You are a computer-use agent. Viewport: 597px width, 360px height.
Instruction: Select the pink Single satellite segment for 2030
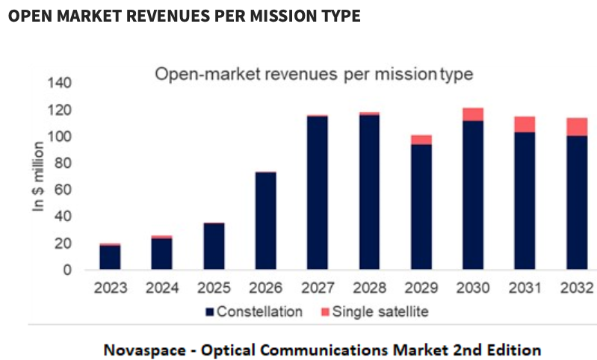tap(473, 114)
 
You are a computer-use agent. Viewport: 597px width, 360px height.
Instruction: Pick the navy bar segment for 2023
tap(110, 256)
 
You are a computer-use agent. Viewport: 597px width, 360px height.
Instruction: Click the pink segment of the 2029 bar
tap(421, 140)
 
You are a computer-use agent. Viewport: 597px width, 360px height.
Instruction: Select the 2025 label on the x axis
tap(214, 288)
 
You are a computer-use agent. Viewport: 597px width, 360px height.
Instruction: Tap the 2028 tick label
tap(369, 288)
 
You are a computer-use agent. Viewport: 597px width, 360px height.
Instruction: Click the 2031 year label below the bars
tap(525, 288)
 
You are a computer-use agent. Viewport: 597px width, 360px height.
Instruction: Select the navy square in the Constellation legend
tap(210, 311)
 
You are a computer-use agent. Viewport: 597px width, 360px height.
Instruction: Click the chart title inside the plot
tap(314, 75)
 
